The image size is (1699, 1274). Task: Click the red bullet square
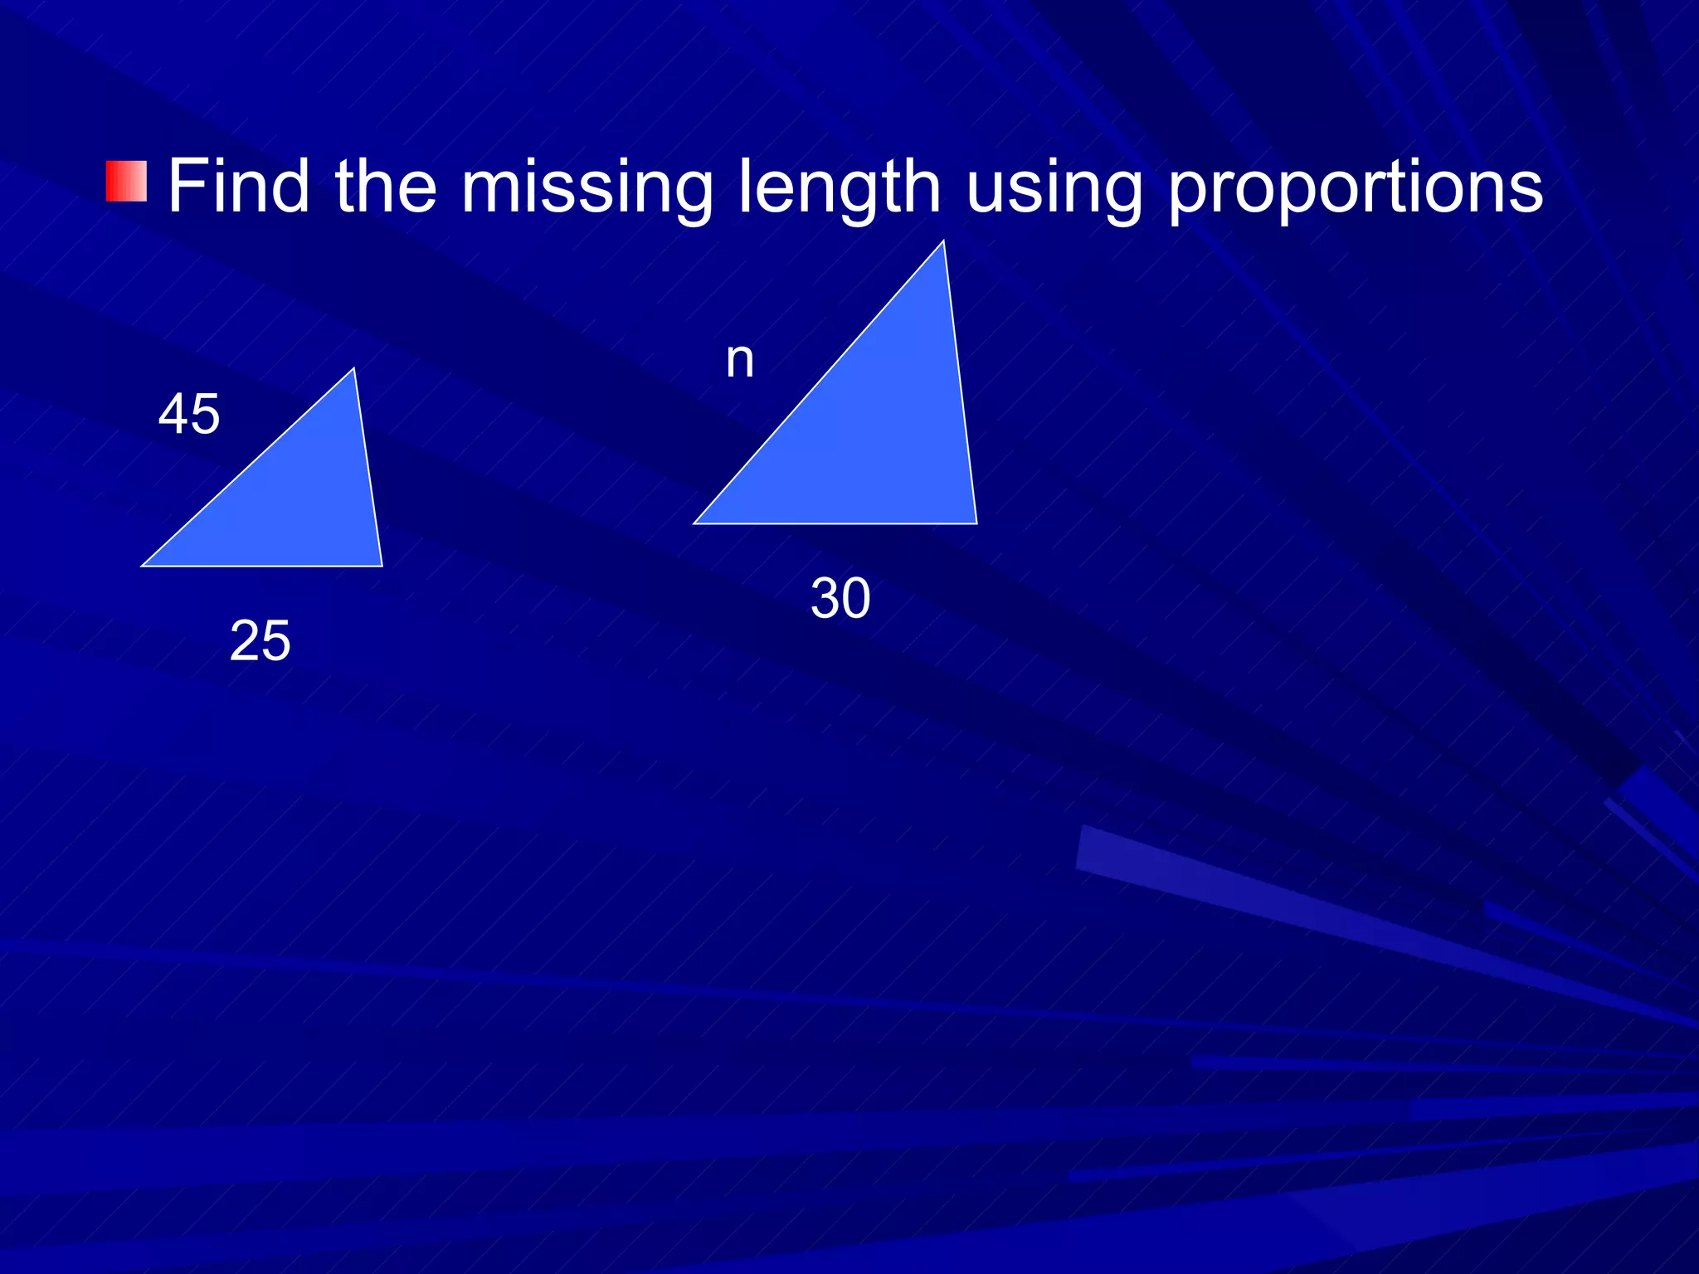tap(126, 182)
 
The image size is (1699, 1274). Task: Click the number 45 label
tap(189, 414)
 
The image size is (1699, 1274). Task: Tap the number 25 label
tap(260, 640)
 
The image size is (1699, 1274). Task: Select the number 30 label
tap(840, 598)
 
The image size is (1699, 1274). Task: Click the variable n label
tap(740, 361)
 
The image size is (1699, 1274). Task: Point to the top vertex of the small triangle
tap(354, 369)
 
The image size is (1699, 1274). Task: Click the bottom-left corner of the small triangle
tap(143, 566)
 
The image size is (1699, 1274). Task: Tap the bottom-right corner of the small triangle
tap(382, 566)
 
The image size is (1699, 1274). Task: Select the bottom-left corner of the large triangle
tap(694, 523)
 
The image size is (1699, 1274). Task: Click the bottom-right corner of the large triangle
tap(976, 523)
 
